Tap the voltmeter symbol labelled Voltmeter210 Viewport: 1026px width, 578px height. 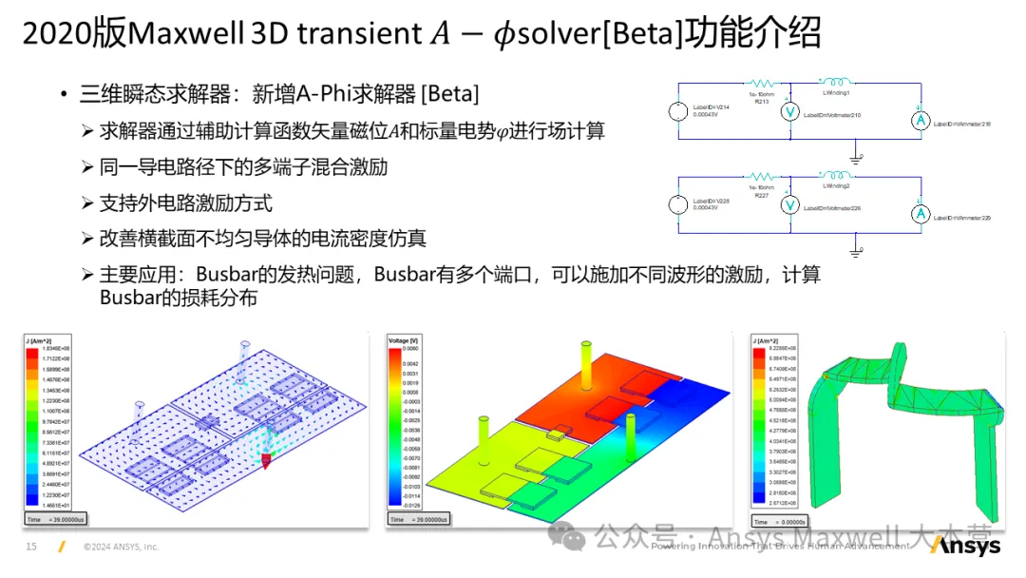point(787,111)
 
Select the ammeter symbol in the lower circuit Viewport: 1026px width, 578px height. point(919,214)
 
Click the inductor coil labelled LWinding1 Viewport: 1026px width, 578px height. point(836,83)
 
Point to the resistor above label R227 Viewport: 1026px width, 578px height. point(761,176)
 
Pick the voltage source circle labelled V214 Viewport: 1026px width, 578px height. point(675,112)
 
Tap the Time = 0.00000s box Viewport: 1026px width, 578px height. point(780,521)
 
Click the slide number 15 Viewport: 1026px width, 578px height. point(30,547)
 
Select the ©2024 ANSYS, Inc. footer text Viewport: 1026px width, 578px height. point(121,547)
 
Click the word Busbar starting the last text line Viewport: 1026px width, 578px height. point(130,298)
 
